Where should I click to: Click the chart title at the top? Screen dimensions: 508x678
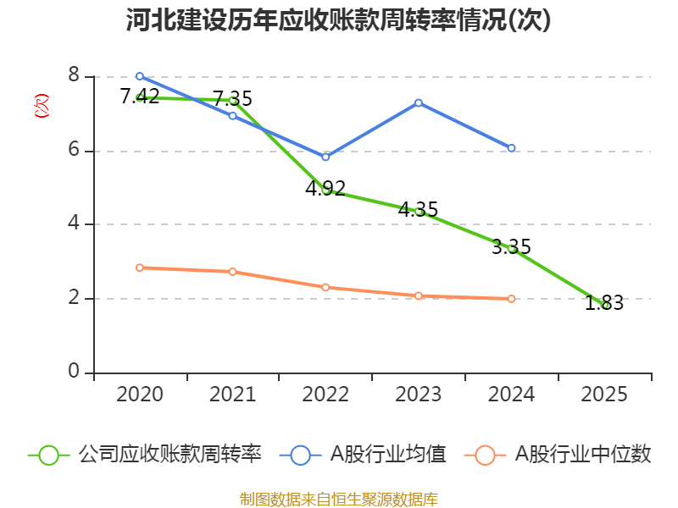[339, 20]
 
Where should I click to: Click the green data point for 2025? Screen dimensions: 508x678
[604, 305]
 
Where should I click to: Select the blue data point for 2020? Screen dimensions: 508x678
[140, 76]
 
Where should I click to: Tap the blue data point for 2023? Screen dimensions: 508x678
[419, 102]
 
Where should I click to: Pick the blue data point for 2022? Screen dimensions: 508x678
[325, 157]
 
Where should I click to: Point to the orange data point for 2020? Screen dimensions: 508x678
[140, 268]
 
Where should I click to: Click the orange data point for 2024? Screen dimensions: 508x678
[512, 298]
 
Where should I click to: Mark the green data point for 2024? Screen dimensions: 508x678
[512, 248]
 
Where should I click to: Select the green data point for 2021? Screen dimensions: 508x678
[233, 100]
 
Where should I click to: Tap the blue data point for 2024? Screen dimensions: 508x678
[512, 148]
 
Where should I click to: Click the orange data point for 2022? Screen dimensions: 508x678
[325, 287]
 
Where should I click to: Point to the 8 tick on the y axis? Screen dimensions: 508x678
[74, 76]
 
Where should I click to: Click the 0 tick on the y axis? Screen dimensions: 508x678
[74, 372]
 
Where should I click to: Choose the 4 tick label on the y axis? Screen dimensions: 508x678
[74, 224]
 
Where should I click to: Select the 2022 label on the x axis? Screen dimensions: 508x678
[325, 395]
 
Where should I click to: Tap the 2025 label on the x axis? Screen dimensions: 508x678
[604, 395]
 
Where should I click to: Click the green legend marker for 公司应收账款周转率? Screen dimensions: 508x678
[49, 455]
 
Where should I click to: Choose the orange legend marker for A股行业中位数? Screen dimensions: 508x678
[485, 455]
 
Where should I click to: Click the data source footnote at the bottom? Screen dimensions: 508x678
[339, 499]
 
